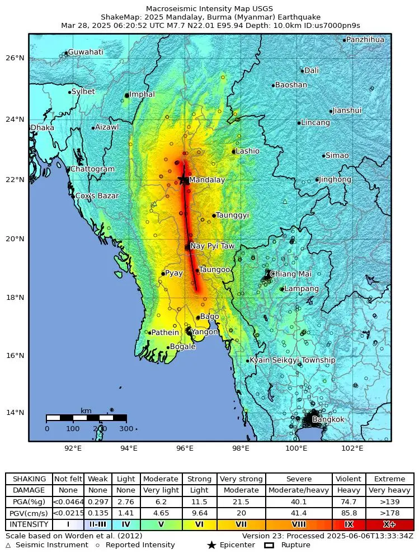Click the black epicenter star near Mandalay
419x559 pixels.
click(x=183, y=179)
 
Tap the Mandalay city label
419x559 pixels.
click(x=206, y=180)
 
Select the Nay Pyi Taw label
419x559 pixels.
click(x=212, y=246)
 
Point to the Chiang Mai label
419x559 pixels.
click(x=290, y=274)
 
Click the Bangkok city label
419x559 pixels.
click(x=328, y=419)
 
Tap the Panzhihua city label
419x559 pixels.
click(x=365, y=40)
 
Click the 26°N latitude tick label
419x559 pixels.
click(x=15, y=58)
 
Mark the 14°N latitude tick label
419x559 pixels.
click(x=15, y=413)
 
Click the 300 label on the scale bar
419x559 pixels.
click(x=127, y=428)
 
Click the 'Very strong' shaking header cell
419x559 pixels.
click(x=241, y=479)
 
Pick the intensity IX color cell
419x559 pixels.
click(x=349, y=524)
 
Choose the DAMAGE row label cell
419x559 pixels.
click(x=29, y=490)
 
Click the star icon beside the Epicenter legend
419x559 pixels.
click(x=211, y=545)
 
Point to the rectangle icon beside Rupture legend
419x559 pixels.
click(x=269, y=545)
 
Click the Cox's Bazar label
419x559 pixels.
click(x=96, y=196)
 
